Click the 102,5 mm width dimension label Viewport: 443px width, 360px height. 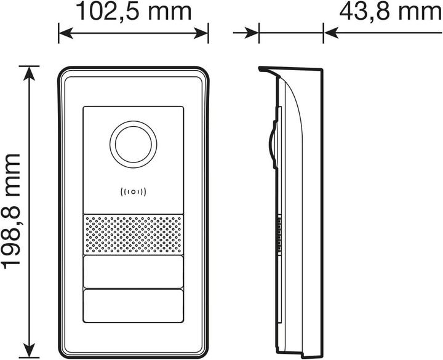(134, 11)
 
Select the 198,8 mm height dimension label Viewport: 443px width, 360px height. (12, 210)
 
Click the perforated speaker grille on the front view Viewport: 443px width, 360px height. (134, 234)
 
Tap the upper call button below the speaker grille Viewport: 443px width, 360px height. (134, 271)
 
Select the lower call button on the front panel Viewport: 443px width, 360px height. (134, 306)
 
